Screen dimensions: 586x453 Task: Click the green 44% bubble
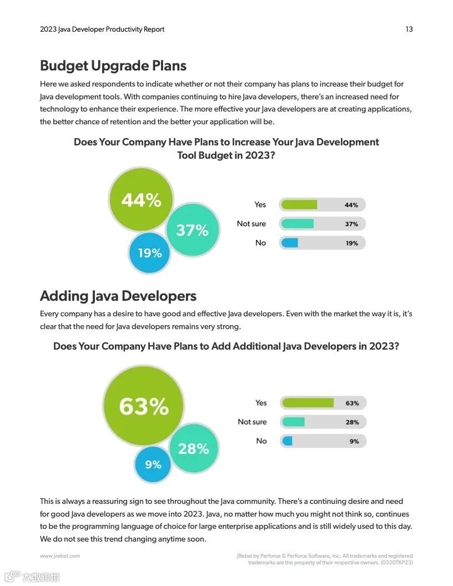[141, 200]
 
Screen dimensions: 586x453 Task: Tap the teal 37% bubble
[192, 230]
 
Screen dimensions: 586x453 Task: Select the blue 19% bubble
[149, 253]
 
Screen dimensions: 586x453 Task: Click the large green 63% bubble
[144, 406]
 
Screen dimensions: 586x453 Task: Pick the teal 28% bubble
[193, 448]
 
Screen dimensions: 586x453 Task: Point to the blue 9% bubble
[153, 464]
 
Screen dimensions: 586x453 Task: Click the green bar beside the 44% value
[299, 205]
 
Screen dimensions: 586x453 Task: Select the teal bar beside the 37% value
[298, 224]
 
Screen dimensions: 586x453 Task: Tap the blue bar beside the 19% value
[290, 243]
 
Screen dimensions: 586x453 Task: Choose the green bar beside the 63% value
[308, 403]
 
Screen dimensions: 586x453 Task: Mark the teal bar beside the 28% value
[293, 422]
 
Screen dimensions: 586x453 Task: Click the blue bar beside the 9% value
[288, 441]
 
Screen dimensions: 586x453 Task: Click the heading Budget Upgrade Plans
[113, 65]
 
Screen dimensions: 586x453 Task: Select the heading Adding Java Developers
[118, 296]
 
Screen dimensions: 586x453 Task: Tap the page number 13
[409, 29]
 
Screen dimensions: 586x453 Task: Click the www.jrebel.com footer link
[60, 555]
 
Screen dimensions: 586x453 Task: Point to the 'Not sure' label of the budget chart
[251, 224]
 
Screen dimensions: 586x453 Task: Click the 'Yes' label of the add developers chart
[261, 403]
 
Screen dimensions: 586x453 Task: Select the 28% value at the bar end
[352, 422]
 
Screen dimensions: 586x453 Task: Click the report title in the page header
[102, 29]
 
